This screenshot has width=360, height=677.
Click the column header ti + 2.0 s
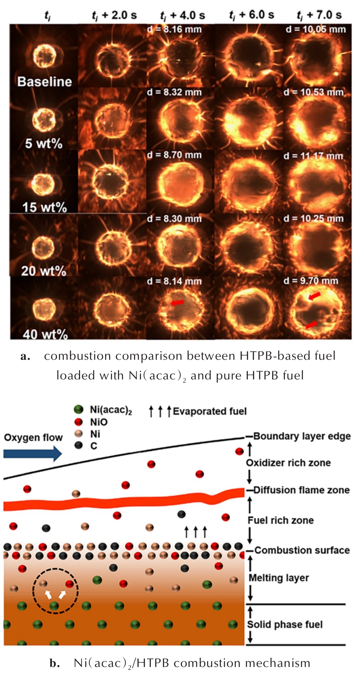click(x=114, y=15)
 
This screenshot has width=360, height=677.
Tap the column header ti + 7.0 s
click(x=319, y=15)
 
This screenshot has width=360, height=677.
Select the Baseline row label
click(x=45, y=82)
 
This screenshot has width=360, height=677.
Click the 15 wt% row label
click(x=44, y=207)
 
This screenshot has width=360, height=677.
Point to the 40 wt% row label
click(x=45, y=334)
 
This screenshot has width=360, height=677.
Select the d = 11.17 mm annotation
click(x=313, y=156)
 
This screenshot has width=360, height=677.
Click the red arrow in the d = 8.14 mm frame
click(x=178, y=303)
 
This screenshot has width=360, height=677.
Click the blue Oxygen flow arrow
click(x=33, y=454)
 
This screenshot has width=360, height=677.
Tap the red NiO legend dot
click(x=78, y=422)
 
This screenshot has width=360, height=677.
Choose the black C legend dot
click(x=78, y=446)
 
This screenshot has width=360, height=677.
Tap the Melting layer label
click(x=278, y=578)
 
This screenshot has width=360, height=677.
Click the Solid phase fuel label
click(x=285, y=624)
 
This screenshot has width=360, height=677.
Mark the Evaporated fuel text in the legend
click(x=209, y=411)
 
